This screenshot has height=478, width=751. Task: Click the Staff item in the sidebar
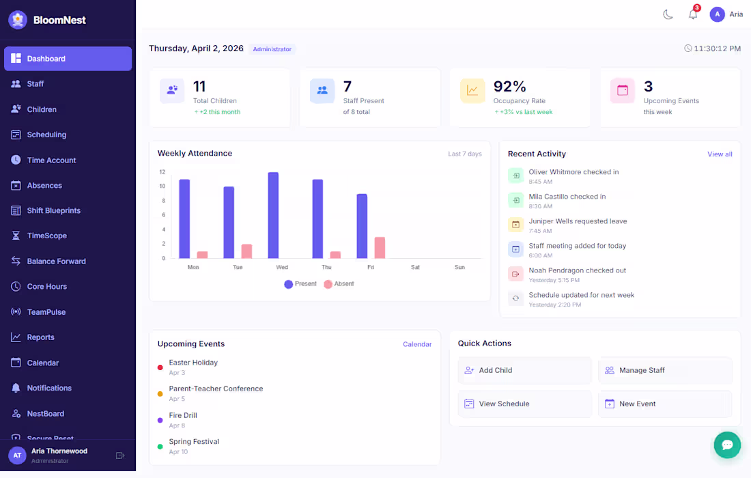click(x=36, y=84)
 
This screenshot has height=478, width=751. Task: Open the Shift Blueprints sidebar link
click(x=53, y=210)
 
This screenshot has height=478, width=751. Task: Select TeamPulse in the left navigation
click(x=46, y=312)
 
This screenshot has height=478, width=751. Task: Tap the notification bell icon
click(x=693, y=14)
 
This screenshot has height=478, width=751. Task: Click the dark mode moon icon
click(x=668, y=14)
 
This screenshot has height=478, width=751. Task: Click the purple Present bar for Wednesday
click(x=273, y=215)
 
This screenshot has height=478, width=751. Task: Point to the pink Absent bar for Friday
click(x=380, y=247)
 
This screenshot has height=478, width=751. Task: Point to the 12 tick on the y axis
click(x=162, y=172)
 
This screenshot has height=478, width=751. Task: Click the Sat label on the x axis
click(x=415, y=267)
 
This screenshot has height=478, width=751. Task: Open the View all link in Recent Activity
click(x=720, y=154)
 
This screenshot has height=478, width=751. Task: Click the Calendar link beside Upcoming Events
click(x=417, y=344)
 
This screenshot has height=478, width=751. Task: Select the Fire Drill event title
click(x=183, y=415)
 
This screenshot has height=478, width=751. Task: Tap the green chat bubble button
click(x=727, y=445)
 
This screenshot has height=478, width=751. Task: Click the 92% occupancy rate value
click(x=510, y=87)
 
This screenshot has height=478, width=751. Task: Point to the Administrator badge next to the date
click(x=272, y=49)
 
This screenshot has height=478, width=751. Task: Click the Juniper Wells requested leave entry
click(x=578, y=221)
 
